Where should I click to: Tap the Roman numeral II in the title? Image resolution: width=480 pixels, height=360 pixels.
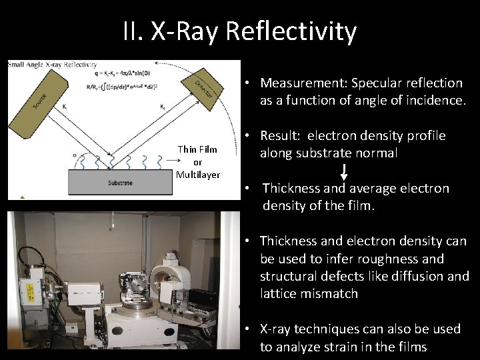(x=131, y=31)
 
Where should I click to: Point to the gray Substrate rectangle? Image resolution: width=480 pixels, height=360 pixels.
(x=120, y=182)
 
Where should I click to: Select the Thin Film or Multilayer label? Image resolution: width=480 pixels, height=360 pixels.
(x=197, y=162)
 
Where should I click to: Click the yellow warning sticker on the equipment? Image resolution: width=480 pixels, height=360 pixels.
(x=27, y=289)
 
